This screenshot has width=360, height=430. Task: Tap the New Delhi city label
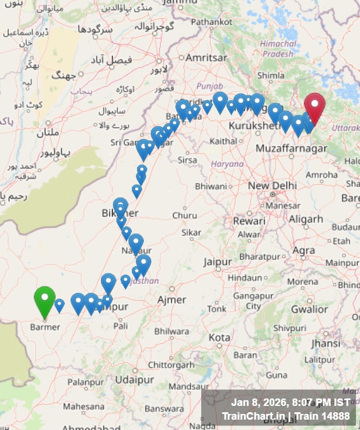272,186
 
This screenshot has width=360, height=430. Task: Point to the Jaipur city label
217,262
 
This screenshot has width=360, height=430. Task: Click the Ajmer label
172,300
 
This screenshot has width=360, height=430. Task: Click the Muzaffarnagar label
291,148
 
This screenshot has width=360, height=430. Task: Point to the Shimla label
271,75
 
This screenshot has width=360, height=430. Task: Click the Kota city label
219,338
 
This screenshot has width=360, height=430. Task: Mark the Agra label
303,251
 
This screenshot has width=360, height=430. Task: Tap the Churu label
185,216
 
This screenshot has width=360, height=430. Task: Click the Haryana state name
227,164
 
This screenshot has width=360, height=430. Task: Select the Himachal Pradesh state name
279,49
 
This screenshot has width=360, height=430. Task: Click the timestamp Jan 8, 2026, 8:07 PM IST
290,403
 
